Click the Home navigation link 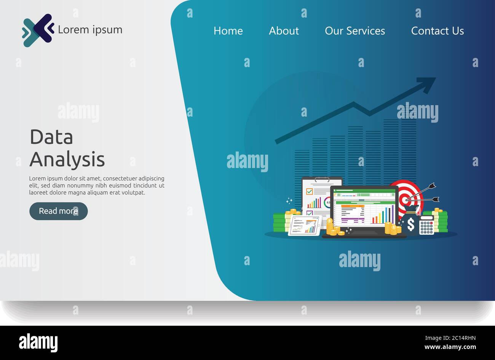(x=228, y=31)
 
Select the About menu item (x=284, y=31)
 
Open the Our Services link (x=354, y=31)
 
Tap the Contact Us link (x=438, y=31)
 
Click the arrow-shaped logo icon (x=38, y=30)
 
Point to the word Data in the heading (x=51, y=137)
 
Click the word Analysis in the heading (x=67, y=159)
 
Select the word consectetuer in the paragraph (x=120, y=178)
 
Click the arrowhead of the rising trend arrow (x=427, y=84)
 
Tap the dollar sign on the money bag (x=411, y=224)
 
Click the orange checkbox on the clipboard (x=309, y=191)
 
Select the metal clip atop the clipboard (x=322, y=179)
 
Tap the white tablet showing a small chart (x=305, y=225)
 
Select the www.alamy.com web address (x=450, y=347)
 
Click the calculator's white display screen (x=426, y=218)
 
